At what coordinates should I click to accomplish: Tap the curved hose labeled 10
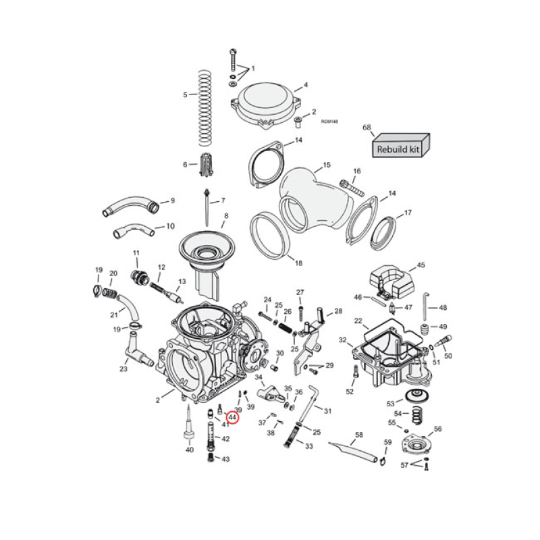(134, 232)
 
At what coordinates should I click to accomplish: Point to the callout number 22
(358, 321)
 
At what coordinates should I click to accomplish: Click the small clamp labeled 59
(382, 462)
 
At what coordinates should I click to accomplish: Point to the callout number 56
(437, 429)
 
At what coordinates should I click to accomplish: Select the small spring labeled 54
(416, 413)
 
